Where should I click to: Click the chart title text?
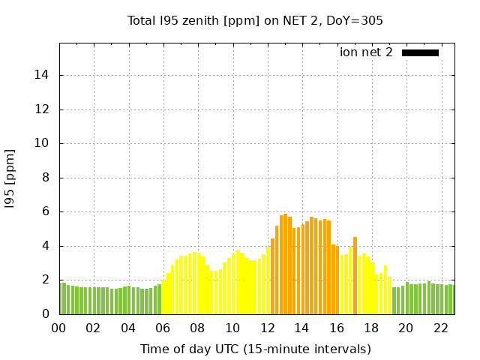pos(255,20)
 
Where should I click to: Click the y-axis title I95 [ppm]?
pos(10,178)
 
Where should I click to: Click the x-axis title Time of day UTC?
pos(255,349)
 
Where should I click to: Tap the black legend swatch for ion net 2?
pos(420,52)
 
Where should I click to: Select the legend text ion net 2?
pos(366,52)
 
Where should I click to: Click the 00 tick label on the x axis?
pos(59,328)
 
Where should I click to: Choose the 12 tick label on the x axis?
pos(268,328)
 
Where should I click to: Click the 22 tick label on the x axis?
pos(442,328)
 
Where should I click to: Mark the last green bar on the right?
pos(451,299)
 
